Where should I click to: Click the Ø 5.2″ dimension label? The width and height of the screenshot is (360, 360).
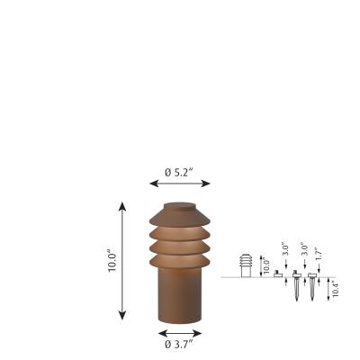[180, 171]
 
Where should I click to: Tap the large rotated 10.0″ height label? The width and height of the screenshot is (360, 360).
[113, 261]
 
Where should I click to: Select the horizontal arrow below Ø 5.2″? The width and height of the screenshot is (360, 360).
[180, 184]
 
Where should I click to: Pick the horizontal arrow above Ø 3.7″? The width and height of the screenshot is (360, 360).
[179, 330]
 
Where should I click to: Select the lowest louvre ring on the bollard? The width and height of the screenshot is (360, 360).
[179, 260]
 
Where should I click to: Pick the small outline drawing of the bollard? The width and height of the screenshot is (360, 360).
[245, 266]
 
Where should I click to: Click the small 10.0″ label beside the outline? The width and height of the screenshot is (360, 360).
[265, 266]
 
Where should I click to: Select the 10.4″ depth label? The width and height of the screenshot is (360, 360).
[336, 289]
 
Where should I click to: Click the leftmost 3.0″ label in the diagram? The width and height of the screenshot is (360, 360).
[285, 249]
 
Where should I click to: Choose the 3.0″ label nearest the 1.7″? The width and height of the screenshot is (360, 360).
[304, 249]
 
